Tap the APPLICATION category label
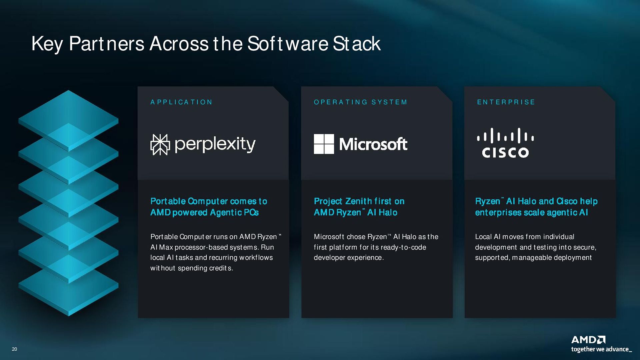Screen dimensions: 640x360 pos(181,102)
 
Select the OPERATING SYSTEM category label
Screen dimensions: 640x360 pos(360,102)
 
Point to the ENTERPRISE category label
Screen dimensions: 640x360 pos(506,102)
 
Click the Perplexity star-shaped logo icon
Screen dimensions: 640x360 pos(160,145)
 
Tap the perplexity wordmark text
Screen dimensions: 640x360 pos(215,144)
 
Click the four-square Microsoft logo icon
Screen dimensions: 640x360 pos(324,144)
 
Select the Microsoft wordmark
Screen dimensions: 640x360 pos(373,144)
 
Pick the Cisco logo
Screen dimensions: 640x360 pos(505,143)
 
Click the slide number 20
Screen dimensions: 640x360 pos(14,349)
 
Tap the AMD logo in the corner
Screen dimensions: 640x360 pos(588,340)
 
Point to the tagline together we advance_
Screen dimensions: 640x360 pos(601,349)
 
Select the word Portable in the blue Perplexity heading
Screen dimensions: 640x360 pos(168,201)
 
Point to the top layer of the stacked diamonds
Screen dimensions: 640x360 pos(68,120)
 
